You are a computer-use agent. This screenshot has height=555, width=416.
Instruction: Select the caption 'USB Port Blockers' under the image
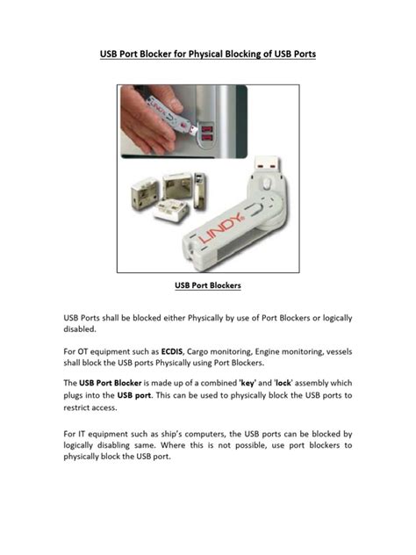click(x=208, y=285)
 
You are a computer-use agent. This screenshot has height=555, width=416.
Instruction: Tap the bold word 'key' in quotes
click(x=240, y=384)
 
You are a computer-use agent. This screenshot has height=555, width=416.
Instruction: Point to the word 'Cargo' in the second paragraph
click(x=219, y=350)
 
